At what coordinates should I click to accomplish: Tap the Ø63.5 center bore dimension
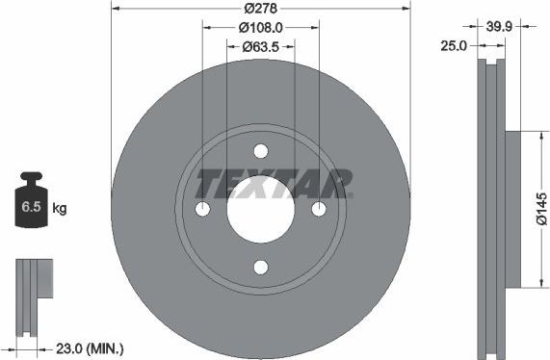(260, 45)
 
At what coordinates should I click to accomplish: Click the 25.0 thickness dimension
(453, 45)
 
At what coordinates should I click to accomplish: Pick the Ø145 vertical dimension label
(541, 209)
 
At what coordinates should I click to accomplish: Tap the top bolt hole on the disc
(261, 151)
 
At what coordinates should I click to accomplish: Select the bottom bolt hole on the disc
(261, 268)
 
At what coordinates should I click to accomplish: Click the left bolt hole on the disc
(202, 210)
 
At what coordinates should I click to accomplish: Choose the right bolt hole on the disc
(319, 210)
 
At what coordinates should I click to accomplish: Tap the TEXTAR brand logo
(275, 181)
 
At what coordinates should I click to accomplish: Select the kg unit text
(60, 208)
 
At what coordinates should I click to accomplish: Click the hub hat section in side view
(511, 209)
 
